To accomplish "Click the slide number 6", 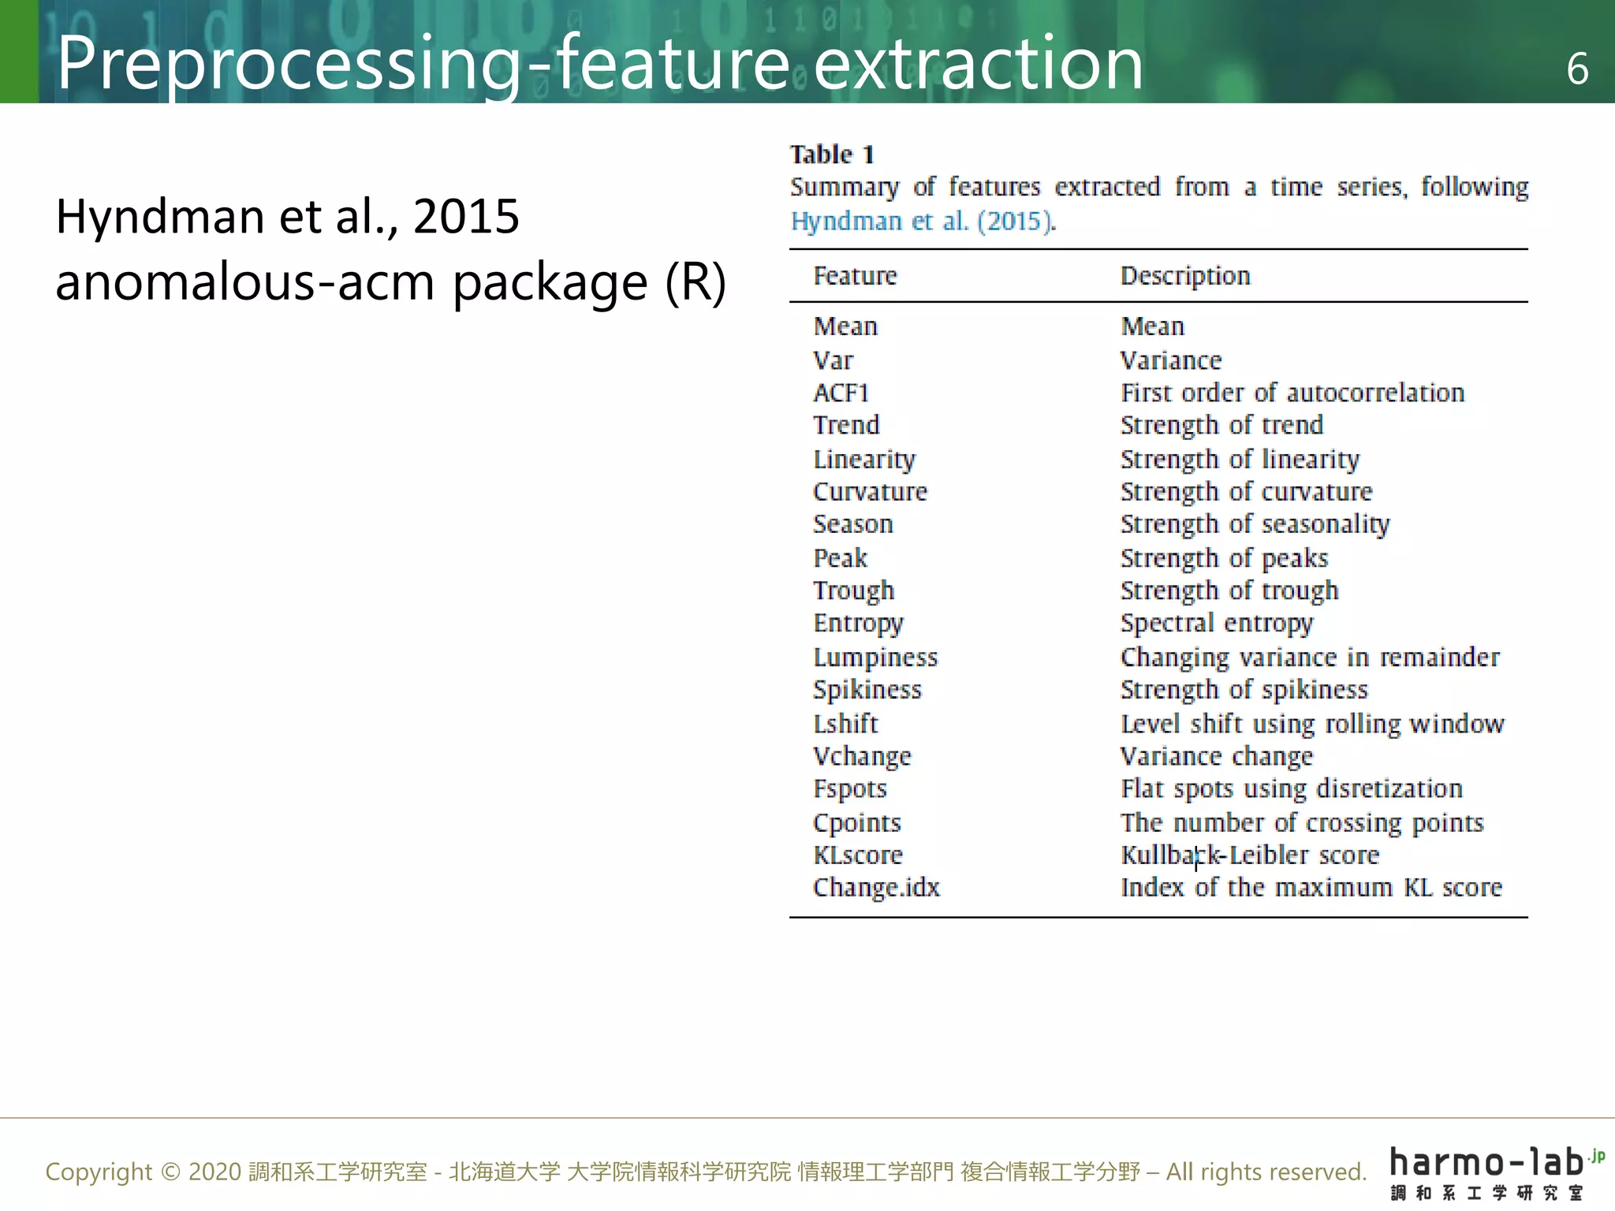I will (1577, 69).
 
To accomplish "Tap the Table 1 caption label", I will (832, 155).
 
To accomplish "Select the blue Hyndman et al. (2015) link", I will (923, 222).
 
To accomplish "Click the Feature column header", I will (855, 276).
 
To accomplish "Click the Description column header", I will (1185, 276).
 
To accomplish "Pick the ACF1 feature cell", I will (841, 393).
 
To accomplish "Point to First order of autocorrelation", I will (1292, 393).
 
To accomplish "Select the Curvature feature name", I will (870, 492).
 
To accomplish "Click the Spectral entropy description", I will (1217, 624).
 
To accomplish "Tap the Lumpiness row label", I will (875, 658).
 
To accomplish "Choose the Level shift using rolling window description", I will (1312, 724).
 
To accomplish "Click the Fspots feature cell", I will (850, 789).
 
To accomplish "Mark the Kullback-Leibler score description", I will (1250, 855).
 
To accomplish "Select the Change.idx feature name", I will (876, 888).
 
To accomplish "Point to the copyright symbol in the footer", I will (170, 1172).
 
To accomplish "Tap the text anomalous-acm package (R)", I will (390, 282).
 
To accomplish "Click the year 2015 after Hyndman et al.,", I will (466, 216).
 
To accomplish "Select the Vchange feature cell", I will (862, 757).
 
